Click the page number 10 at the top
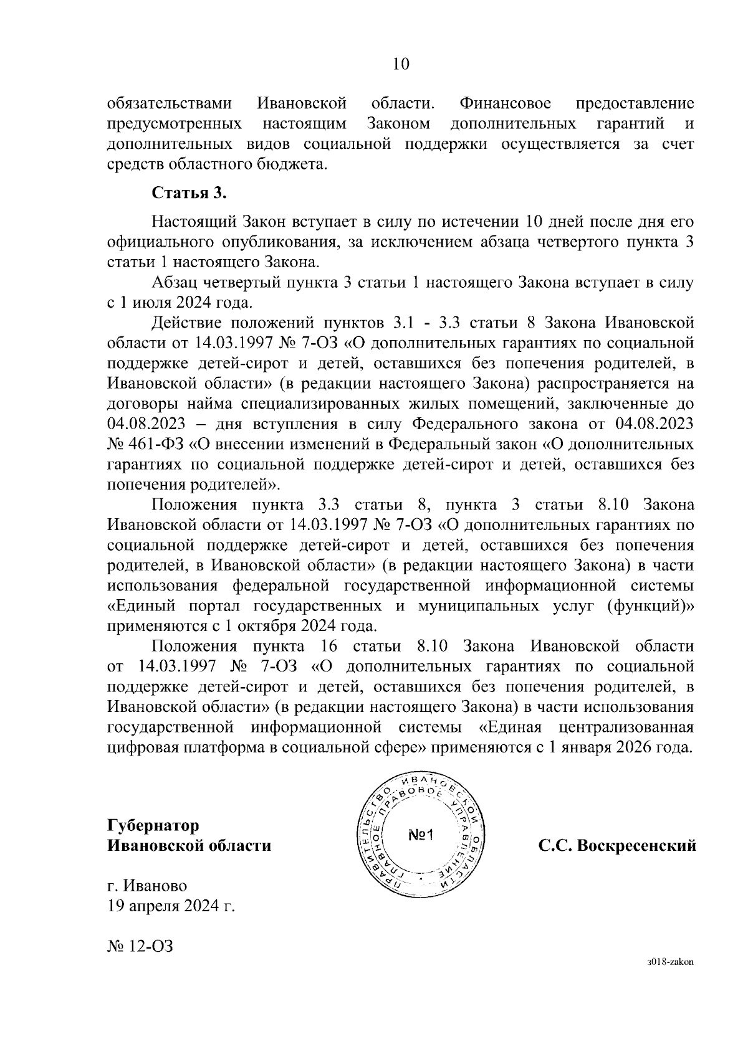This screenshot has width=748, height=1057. pos(401,64)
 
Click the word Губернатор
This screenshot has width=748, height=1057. pos(153,825)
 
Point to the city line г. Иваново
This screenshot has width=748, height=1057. pos(147,886)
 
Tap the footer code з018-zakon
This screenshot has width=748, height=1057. pos(670,979)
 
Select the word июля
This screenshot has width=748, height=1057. pos(148,303)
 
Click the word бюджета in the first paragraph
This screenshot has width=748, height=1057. pos(292,164)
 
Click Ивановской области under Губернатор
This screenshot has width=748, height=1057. pos(189,846)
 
